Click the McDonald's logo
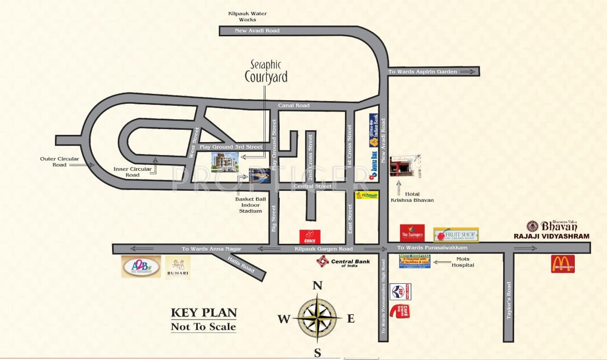[563, 264]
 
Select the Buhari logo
[178, 268]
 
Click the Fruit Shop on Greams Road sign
[456, 234]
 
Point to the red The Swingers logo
[412, 233]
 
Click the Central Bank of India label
[344, 262]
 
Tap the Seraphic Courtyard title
[266, 71]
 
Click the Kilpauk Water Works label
[247, 17]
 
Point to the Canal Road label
[294, 105]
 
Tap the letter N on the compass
[318, 285]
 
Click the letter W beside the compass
[283, 319]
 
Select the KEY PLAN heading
[204, 313]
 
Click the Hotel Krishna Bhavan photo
[405, 165]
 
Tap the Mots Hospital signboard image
[415, 261]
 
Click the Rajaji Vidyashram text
[551, 236]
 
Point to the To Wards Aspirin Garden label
[423, 72]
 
